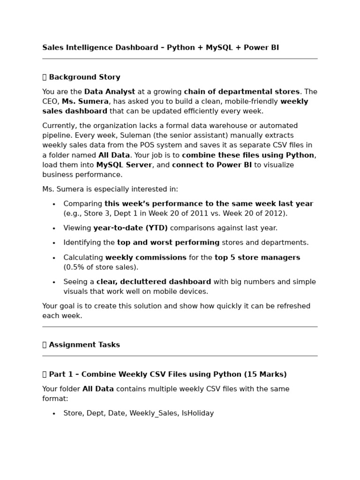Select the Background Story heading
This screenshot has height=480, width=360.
tap(84, 77)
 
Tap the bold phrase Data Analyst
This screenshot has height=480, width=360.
tap(110, 92)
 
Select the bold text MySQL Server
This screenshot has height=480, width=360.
tap(124, 165)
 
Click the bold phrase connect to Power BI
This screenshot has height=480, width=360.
tap(212, 165)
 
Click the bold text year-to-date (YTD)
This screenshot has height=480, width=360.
tap(130, 228)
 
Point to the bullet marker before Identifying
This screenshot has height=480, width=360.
tap(54, 243)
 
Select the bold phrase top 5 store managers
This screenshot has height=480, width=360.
tap(257, 258)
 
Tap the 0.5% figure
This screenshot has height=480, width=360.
tap(74, 268)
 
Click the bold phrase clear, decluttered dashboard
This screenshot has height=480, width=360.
tap(154, 282)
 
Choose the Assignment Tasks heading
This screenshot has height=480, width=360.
tap(84, 345)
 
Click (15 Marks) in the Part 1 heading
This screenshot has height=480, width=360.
tap(265, 375)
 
